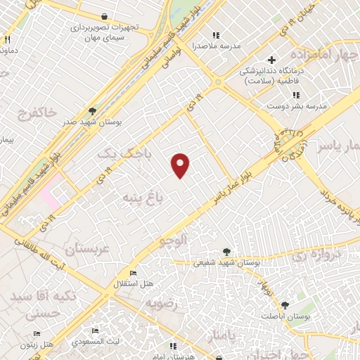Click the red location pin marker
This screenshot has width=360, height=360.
click(181, 165)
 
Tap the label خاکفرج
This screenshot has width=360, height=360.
click(27, 112)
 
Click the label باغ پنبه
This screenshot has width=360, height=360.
click(143, 197)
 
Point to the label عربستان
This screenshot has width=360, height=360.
click(88, 248)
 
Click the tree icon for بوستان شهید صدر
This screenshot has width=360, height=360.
click(92, 110)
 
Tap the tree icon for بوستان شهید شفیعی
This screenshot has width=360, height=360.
click(226, 251)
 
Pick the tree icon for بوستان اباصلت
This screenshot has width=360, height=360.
click(285, 305)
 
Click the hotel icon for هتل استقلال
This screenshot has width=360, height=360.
click(133, 274)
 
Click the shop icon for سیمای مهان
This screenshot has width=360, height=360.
click(104, 15)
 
